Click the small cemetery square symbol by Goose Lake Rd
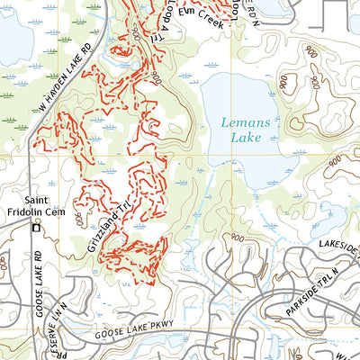click(36, 229)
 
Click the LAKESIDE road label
click(337, 236)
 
